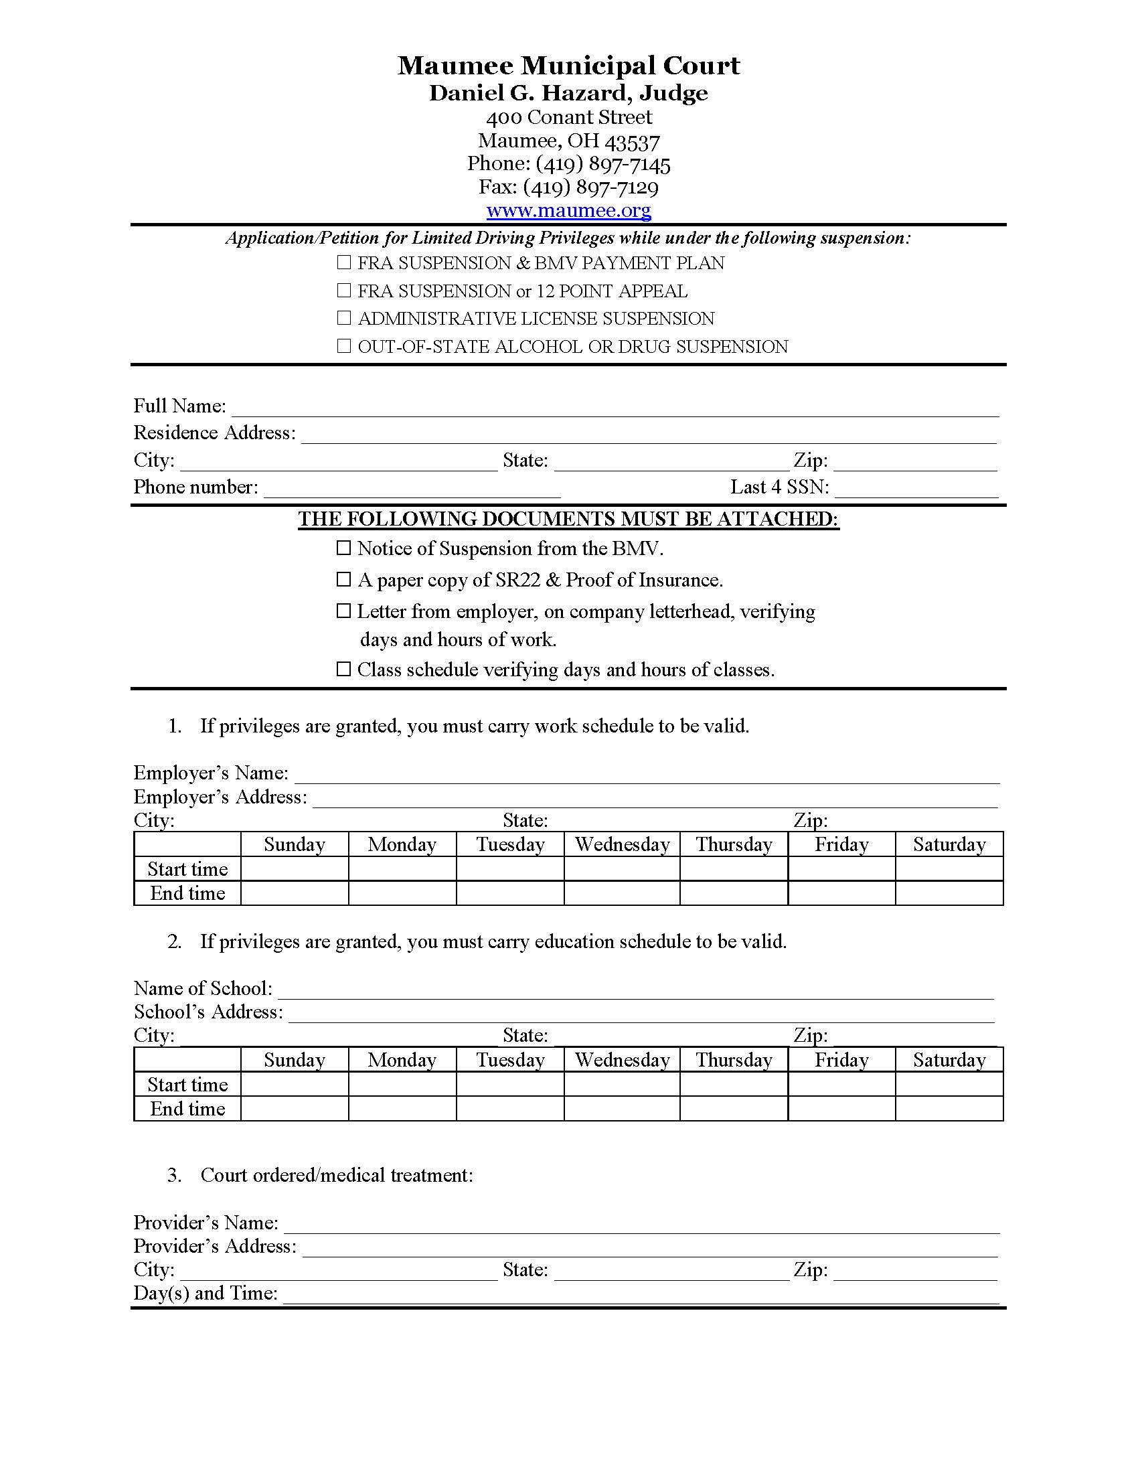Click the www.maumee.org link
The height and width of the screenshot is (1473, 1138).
(x=568, y=210)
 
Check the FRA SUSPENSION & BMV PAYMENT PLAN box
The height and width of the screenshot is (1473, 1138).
(x=344, y=262)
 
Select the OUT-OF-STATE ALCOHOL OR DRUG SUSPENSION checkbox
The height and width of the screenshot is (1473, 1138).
(x=344, y=345)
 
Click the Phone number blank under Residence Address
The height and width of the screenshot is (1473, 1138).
(x=412, y=488)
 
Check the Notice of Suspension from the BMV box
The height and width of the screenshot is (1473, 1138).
(x=344, y=548)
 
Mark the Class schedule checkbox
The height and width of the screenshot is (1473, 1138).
(x=344, y=669)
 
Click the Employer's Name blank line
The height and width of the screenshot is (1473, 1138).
(x=646, y=774)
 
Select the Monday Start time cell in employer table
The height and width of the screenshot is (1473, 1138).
(x=402, y=868)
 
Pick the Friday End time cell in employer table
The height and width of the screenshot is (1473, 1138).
(x=841, y=893)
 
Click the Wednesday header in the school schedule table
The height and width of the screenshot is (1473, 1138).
(x=622, y=1060)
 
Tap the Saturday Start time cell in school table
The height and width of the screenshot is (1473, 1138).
(x=949, y=1085)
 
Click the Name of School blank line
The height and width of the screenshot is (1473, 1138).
(x=635, y=990)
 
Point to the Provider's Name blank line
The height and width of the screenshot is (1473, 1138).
(x=641, y=1224)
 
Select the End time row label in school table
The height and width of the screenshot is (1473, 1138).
(x=187, y=1109)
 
